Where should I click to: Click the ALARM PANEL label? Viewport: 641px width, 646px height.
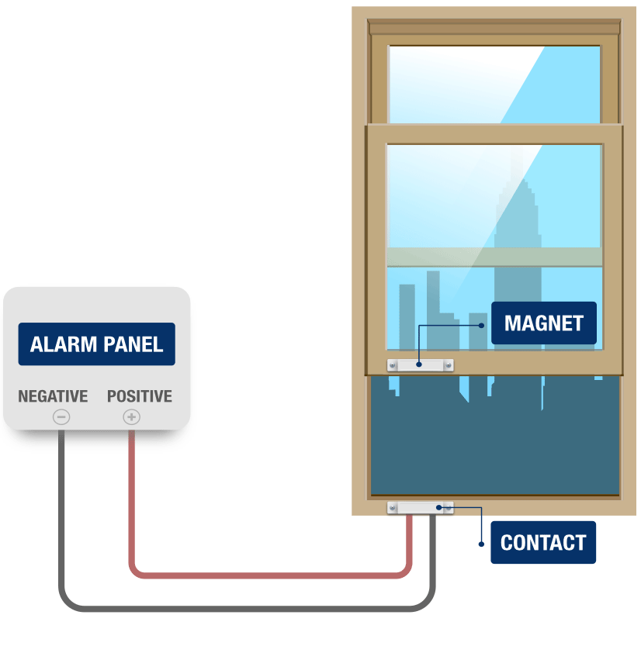pos(96,344)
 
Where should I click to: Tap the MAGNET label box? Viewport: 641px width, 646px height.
pos(543,323)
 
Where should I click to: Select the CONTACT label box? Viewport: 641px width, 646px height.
pos(543,542)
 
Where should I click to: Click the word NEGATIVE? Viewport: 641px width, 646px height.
pos(53,396)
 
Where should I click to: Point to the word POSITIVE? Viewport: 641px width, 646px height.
pos(140,396)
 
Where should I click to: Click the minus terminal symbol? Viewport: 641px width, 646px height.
pos(61,417)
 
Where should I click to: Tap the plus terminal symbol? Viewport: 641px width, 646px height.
pos(132,417)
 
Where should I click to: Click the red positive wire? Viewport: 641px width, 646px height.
pos(264,575)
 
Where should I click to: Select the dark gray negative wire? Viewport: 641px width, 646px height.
pos(233,606)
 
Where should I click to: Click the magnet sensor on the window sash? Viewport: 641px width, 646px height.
pos(420,364)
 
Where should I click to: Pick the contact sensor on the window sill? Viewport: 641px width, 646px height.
pos(420,508)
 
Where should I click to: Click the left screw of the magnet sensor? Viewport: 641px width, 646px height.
pos(393,364)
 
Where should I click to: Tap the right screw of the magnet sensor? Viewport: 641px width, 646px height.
pos(448,364)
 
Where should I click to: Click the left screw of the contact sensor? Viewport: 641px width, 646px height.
pos(393,508)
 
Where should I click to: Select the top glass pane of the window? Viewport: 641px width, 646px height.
pos(494,81)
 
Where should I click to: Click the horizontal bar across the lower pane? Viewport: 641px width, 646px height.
pos(494,257)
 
